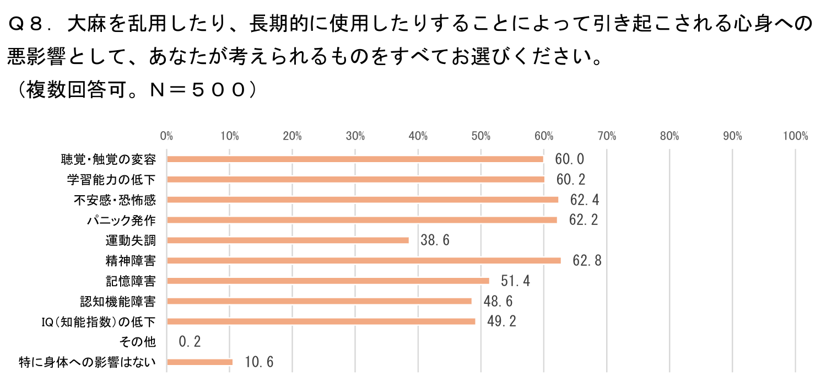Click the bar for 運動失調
(x=288, y=240)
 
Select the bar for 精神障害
(x=364, y=261)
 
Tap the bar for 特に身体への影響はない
(x=199, y=362)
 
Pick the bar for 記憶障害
(x=328, y=281)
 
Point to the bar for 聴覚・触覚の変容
(x=355, y=159)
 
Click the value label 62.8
(x=587, y=261)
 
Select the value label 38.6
(x=435, y=240)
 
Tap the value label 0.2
(x=190, y=342)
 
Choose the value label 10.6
(x=259, y=362)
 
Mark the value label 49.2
(x=501, y=321)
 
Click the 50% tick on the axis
(x=481, y=136)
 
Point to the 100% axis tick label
(x=795, y=136)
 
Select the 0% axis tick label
(x=166, y=136)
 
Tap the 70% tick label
(x=607, y=136)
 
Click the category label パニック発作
(x=121, y=221)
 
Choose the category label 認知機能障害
(x=117, y=302)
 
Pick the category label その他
(x=142, y=342)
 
